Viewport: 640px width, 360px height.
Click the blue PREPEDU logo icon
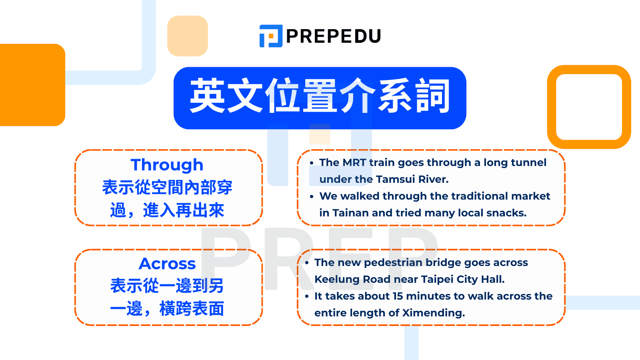tap(271, 36)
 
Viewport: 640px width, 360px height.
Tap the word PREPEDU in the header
tap(334, 36)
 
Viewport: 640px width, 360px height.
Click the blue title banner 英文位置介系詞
tap(320, 98)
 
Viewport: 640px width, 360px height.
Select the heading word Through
tap(167, 165)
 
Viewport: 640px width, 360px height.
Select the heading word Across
tap(167, 264)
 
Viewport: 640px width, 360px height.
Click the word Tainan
tap(350, 213)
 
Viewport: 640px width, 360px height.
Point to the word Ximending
tap(434, 313)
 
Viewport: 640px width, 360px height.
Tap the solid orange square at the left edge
tap(32, 85)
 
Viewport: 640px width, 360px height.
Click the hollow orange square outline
tap(552, 107)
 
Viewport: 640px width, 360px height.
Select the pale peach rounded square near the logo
tap(188, 36)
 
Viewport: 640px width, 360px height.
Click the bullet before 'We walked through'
tap(312, 196)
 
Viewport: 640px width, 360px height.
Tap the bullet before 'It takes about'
tap(307, 296)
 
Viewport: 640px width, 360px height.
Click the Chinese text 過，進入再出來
tap(167, 210)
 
